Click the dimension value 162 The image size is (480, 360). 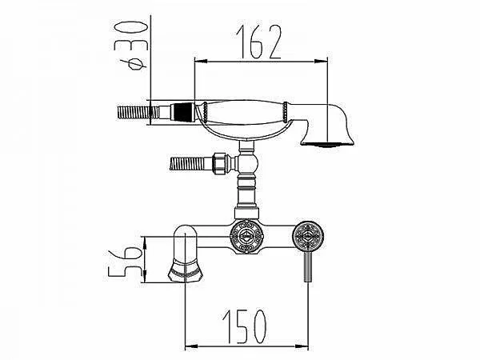(x=258, y=42)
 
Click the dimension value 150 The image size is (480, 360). (x=244, y=326)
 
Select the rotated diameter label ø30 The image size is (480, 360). (x=130, y=46)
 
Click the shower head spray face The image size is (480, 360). (x=327, y=144)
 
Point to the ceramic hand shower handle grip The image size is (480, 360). (x=245, y=112)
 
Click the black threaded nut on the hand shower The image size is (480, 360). (x=182, y=112)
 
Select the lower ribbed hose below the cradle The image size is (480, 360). (x=190, y=162)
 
